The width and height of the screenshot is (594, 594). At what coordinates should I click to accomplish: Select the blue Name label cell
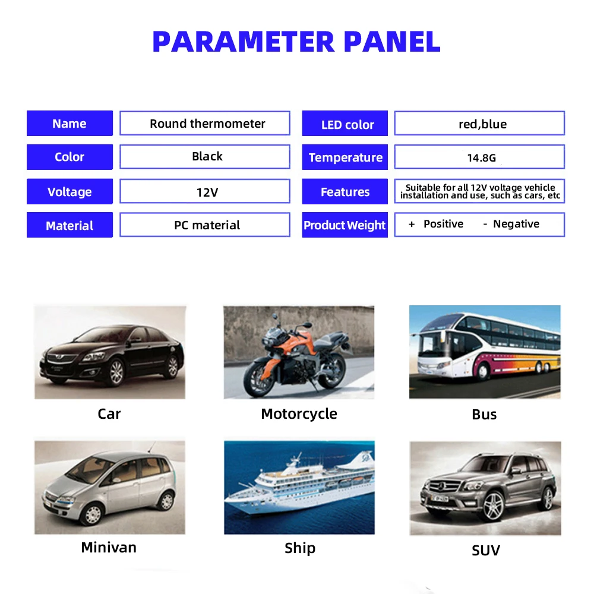[69, 124]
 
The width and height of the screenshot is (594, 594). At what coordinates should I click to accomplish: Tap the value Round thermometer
[207, 124]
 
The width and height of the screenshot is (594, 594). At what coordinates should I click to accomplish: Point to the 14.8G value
[481, 158]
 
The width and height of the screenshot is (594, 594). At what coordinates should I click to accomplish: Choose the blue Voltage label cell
[69, 192]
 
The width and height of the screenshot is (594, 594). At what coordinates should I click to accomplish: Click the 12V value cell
[207, 192]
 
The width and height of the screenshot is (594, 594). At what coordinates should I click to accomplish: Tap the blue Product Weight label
[345, 225]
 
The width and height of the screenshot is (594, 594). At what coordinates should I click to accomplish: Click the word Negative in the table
[516, 224]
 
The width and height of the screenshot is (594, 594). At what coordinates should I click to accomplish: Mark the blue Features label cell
[345, 192]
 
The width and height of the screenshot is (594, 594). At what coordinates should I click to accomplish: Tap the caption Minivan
[109, 547]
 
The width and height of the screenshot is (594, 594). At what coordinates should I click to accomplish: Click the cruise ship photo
[299, 487]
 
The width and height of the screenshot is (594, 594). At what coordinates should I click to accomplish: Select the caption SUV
[485, 551]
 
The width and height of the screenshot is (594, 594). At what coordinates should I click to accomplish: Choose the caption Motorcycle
[299, 414]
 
